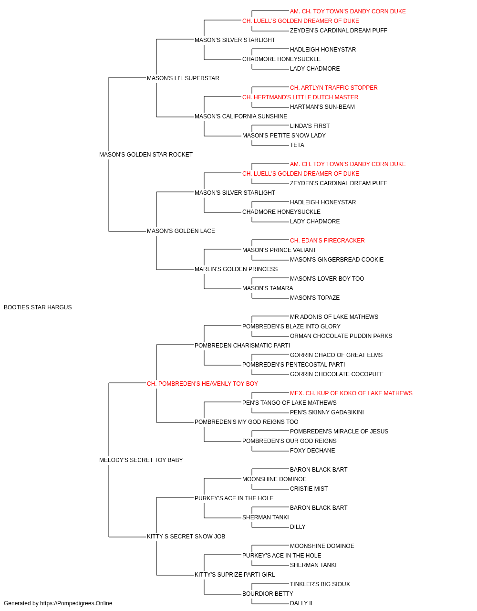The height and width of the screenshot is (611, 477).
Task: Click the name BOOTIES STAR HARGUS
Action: (x=38, y=307)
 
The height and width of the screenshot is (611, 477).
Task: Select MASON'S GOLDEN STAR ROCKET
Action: (x=146, y=155)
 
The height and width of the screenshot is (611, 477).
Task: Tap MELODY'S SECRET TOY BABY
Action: (x=141, y=460)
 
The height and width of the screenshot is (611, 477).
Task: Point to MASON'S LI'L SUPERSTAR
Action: (x=183, y=78)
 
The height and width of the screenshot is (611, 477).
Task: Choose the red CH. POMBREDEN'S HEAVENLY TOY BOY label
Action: (x=202, y=384)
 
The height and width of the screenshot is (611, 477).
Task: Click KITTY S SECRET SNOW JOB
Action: (x=186, y=537)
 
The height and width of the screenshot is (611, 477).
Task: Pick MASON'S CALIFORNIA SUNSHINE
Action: (x=241, y=116)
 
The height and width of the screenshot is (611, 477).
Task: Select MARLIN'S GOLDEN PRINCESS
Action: (x=236, y=269)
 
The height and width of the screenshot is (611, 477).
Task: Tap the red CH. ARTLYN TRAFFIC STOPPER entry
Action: (x=334, y=88)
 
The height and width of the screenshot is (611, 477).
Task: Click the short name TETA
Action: (x=297, y=145)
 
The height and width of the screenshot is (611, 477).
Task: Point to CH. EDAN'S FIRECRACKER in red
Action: (x=327, y=241)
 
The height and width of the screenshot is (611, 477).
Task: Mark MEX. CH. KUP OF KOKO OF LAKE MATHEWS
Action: (x=351, y=393)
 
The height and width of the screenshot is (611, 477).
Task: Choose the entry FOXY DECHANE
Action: (x=312, y=451)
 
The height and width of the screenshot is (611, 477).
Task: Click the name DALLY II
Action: (x=301, y=603)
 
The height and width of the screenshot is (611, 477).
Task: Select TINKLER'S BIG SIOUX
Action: (x=320, y=584)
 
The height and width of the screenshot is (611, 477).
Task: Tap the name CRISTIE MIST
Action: (x=309, y=489)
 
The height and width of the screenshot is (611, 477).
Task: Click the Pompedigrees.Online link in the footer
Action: (x=76, y=603)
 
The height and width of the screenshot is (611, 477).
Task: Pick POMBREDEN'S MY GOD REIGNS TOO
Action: (x=246, y=422)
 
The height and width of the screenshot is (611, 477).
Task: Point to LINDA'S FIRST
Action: (x=310, y=126)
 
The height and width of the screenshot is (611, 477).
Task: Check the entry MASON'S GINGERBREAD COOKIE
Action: (x=337, y=260)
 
